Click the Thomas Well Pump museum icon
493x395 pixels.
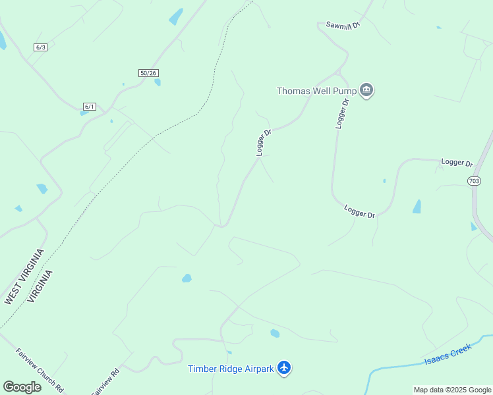[367, 91]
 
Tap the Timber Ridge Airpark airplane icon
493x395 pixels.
[284, 367]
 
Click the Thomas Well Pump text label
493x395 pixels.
[316, 91]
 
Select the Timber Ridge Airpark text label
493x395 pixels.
[231, 369]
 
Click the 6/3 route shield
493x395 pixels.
[41, 47]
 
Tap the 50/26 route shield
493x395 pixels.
[149, 73]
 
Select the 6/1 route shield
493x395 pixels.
[90, 107]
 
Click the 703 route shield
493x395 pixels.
[474, 180]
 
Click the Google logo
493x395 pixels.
[22, 387]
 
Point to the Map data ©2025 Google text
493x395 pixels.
[452, 390]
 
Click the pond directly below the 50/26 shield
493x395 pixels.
[158, 82]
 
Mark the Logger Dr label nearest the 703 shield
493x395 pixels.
[457, 163]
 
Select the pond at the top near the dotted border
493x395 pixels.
[176, 16]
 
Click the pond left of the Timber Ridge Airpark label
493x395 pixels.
[187, 278]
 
